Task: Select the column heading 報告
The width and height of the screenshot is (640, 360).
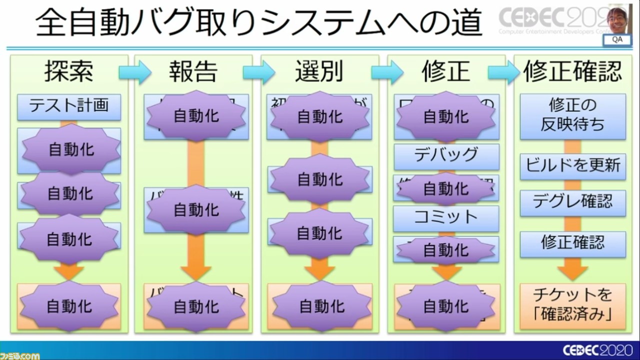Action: coord(193,71)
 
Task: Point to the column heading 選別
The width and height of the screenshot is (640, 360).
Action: coord(318,71)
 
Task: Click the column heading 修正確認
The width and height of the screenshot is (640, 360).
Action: coord(572,71)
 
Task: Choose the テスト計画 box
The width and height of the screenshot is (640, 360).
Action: coord(69,106)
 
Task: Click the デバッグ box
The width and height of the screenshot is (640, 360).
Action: coord(446,155)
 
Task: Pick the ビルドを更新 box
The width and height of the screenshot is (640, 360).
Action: coord(572,165)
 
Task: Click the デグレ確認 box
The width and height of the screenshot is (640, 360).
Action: coord(572,202)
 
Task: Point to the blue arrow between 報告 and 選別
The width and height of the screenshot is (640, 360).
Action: coord(258,72)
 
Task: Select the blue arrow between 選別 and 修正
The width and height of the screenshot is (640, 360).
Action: coord(386,72)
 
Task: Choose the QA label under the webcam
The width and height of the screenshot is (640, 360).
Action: coord(617,40)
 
